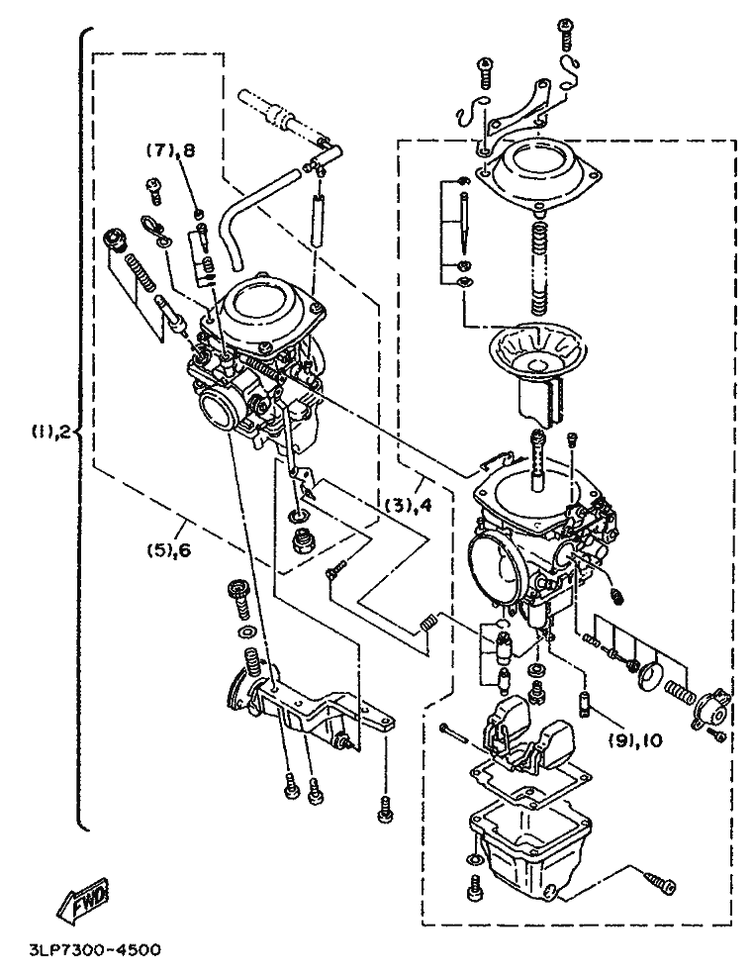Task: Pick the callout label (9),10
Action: (x=635, y=740)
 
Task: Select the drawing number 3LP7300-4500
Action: (x=95, y=950)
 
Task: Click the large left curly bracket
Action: (x=83, y=429)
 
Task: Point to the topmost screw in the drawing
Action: (x=566, y=35)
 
